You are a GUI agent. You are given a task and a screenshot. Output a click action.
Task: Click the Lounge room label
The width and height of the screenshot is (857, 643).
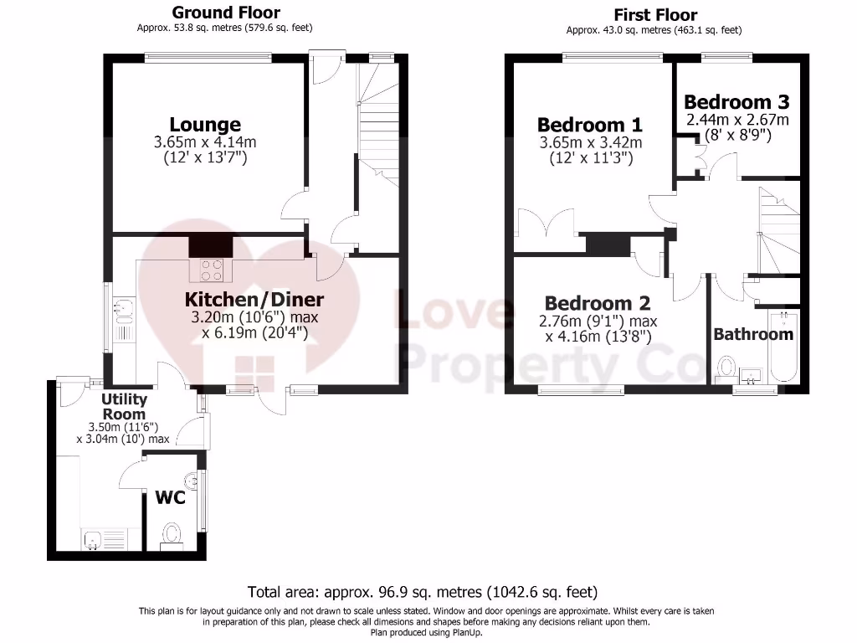pyautogui.click(x=205, y=125)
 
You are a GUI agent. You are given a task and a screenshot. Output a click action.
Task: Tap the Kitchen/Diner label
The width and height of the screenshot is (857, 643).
pyautogui.click(x=254, y=299)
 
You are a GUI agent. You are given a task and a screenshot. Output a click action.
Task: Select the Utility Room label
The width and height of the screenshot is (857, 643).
pyautogui.click(x=124, y=407)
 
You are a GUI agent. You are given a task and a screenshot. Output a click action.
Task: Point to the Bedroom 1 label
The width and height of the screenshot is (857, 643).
pyautogui.click(x=590, y=125)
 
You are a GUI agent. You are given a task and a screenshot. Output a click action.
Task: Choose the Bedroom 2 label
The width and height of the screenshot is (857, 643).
pyautogui.click(x=597, y=303)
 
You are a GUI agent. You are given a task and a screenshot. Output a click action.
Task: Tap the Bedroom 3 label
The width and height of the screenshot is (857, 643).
pyautogui.click(x=737, y=102)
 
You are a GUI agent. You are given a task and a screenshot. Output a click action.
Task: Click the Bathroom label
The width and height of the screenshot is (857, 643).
pyautogui.click(x=752, y=334)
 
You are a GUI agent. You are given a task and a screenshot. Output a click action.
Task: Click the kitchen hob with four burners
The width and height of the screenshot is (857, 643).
pyautogui.click(x=211, y=270)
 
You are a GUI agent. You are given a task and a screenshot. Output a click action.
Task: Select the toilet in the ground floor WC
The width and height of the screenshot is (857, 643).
pyautogui.click(x=172, y=533)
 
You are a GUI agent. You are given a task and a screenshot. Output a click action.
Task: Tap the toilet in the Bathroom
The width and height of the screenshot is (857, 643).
pyautogui.click(x=726, y=367)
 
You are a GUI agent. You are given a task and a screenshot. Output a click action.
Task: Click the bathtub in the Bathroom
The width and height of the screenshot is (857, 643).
pyautogui.click(x=786, y=347)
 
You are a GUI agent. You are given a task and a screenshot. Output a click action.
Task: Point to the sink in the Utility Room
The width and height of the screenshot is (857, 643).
pyautogui.click(x=92, y=540)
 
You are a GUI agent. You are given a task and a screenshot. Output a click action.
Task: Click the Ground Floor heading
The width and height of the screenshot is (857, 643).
pyautogui.click(x=226, y=13)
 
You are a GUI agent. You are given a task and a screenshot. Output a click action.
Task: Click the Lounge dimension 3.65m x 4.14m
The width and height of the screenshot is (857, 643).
pyautogui.click(x=205, y=142)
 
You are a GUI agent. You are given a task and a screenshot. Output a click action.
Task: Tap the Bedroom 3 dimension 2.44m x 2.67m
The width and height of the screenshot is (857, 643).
pyautogui.click(x=737, y=120)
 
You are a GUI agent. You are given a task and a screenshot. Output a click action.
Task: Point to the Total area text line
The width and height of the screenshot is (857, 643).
pyautogui.click(x=423, y=591)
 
